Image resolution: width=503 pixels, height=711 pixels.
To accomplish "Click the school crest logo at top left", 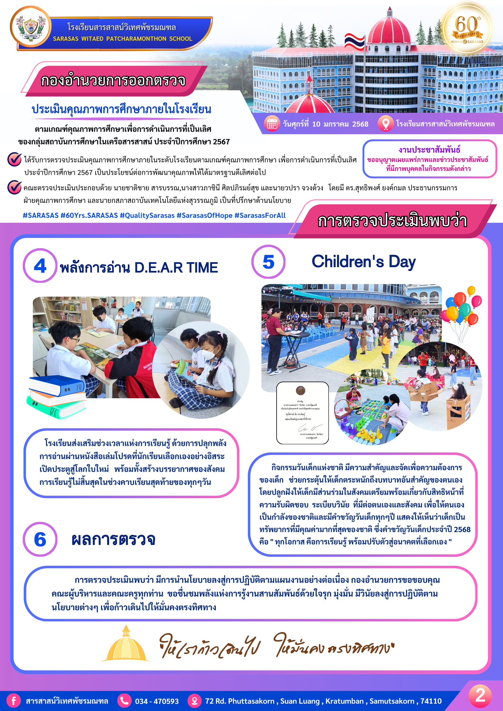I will (x=30, y=27).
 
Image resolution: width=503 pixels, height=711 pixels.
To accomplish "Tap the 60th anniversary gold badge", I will (x=467, y=29).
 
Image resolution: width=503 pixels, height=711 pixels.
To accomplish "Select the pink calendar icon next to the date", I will (x=272, y=124).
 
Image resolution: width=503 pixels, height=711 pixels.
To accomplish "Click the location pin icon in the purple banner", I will (x=386, y=124).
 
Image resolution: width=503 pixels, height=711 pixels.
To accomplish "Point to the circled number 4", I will (x=40, y=266).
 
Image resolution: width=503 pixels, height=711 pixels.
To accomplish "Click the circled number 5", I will (x=268, y=262).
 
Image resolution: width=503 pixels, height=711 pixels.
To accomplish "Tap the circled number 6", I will (x=40, y=539).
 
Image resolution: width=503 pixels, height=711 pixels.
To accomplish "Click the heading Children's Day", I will (x=364, y=262).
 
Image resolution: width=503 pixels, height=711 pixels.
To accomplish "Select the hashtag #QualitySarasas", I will (x=147, y=215).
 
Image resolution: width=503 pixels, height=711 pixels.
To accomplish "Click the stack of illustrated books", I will (x=57, y=397).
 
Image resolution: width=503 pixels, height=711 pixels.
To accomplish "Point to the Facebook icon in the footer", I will (x=14, y=701).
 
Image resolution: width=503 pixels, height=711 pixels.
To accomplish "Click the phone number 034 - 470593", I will (x=157, y=701).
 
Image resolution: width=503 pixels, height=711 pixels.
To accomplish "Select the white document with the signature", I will (x=302, y=413).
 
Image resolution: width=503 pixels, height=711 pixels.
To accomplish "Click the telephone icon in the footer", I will (x=125, y=701).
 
